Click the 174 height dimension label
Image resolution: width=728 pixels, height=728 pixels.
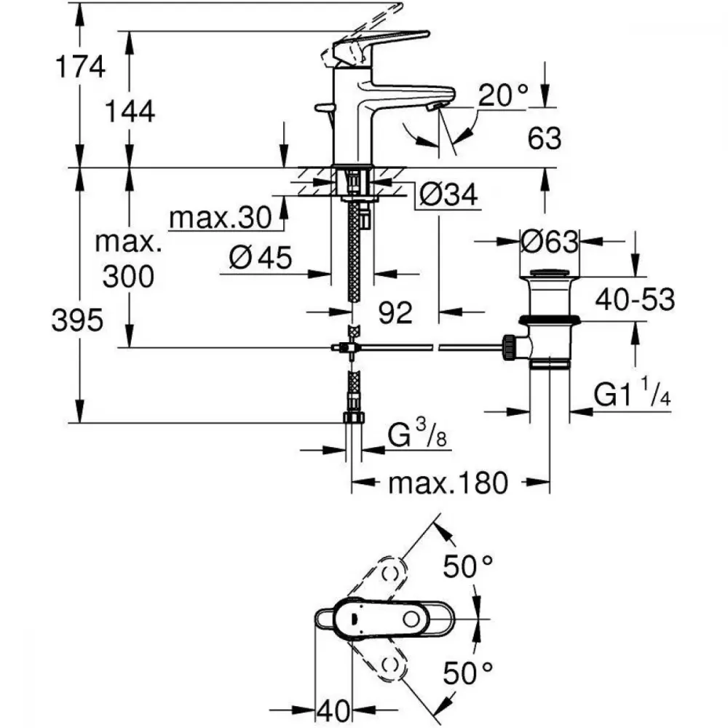pos(80,66)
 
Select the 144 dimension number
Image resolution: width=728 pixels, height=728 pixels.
pos(130,112)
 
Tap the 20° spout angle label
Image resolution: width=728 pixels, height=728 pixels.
pos(503,95)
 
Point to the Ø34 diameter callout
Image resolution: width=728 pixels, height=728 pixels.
pos(448,194)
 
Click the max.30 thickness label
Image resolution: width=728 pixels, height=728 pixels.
pos(221,217)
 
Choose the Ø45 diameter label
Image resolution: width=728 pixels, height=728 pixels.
pos(261,257)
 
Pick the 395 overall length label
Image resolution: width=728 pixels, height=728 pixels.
pos(77,320)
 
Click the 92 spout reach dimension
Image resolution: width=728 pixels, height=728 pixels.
pos(395,312)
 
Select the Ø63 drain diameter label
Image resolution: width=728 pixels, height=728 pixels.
pos(550,242)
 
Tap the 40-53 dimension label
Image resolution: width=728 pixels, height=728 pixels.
pos(635,299)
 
